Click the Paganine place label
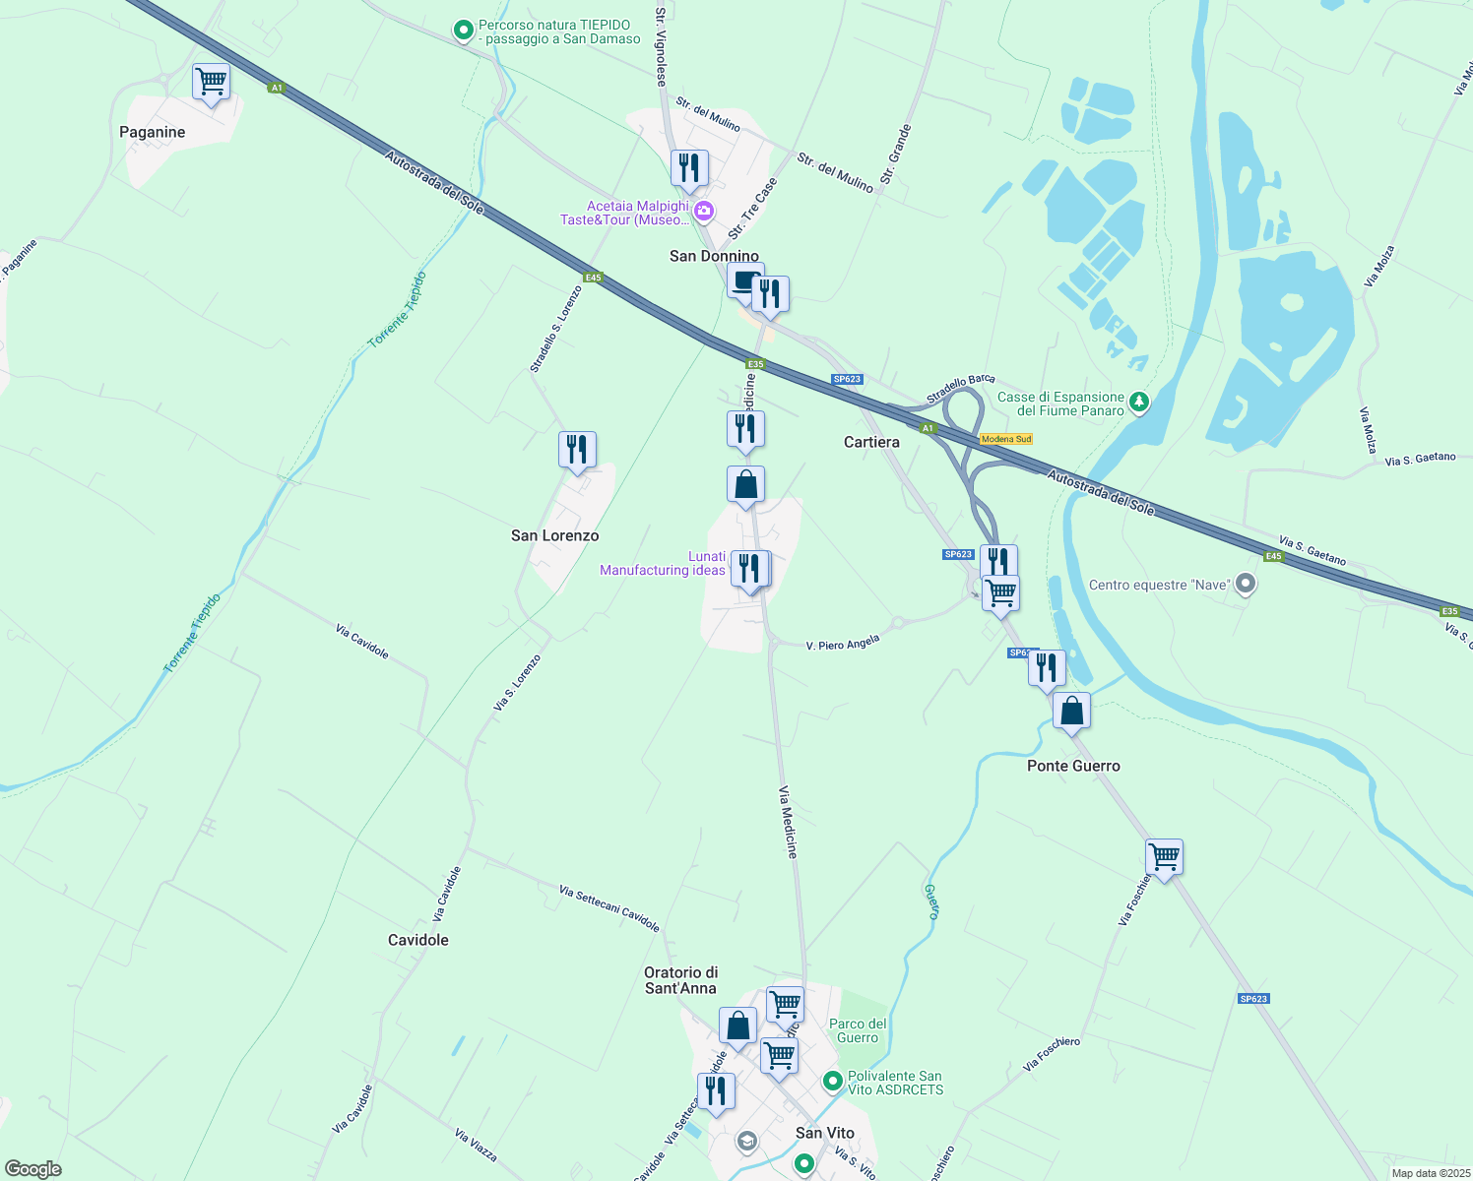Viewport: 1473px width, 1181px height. pos(152,132)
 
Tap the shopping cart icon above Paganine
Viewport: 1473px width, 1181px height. pos(211,82)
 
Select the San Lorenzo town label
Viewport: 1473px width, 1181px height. pos(554,535)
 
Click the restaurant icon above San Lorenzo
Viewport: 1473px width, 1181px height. pos(577,450)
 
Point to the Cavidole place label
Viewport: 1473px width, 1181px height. pos(418,940)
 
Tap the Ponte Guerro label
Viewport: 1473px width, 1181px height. pos(1073,766)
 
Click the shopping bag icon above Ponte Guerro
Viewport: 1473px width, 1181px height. pos(1071,711)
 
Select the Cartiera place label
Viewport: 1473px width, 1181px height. pos(871,442)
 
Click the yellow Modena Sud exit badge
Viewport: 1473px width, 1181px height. pos(1006,439)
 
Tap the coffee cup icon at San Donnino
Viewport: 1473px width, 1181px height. pos(745,280)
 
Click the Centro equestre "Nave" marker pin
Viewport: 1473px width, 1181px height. pos(1246,585)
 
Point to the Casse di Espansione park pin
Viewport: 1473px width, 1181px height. pos(1139,402)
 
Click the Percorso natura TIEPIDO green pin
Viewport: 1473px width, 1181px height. pos(463,31)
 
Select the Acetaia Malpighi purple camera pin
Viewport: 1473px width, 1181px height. pos(703,211)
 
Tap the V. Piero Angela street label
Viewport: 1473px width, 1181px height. pos(842,644)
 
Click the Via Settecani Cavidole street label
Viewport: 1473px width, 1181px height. pos(608,907)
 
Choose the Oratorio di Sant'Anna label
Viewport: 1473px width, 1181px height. pos(680,980)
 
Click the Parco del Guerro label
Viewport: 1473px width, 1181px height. pos(858,1030)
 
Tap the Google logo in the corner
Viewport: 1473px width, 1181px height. pos(32,1168)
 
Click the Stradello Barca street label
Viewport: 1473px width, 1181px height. pos(960,390)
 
